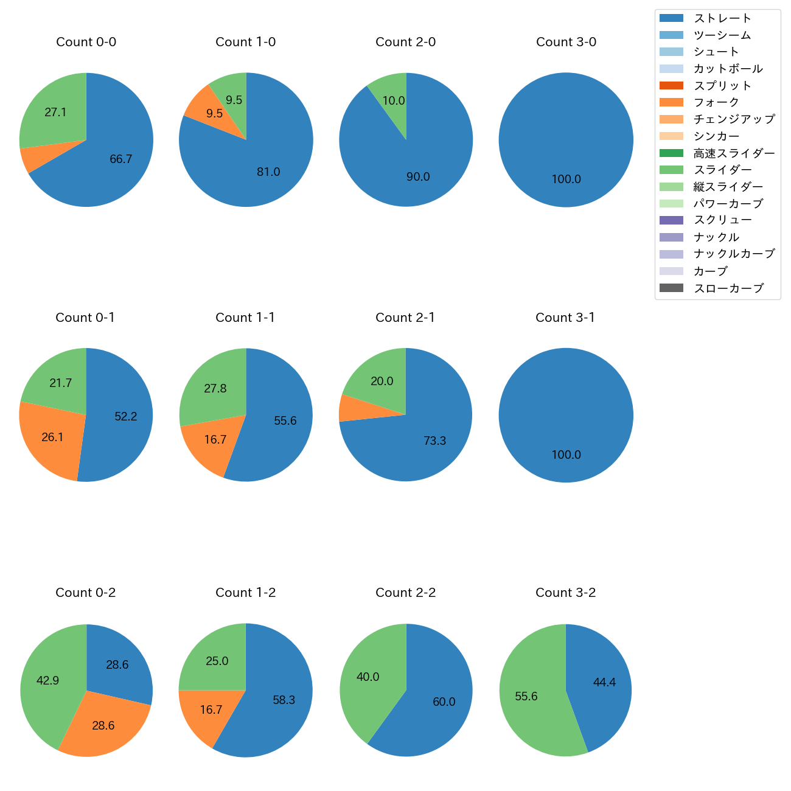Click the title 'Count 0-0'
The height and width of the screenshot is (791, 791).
[86, 42]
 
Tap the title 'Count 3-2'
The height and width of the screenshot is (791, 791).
[565, 593]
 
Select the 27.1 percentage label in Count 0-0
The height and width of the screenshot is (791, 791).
[55, 113]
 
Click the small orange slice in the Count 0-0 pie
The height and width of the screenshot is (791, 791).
[27, 159]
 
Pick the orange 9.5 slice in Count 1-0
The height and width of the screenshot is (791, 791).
[210, 110]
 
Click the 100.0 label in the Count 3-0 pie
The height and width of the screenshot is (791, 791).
[566, 179]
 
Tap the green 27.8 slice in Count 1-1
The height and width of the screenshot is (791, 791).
[213, 388]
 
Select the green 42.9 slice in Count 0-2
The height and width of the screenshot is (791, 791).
[49, 680]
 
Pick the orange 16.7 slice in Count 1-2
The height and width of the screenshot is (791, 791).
[210, 711]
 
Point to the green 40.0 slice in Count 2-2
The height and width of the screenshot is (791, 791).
[368, 677]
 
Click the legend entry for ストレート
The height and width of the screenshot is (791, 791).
[722, 18]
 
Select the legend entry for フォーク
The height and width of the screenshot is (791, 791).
[716, 102]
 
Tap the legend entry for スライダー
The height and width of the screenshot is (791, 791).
[722, 170]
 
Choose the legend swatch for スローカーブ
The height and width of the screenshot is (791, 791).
[671, 288]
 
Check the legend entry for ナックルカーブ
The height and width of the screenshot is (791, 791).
[734, 254]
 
